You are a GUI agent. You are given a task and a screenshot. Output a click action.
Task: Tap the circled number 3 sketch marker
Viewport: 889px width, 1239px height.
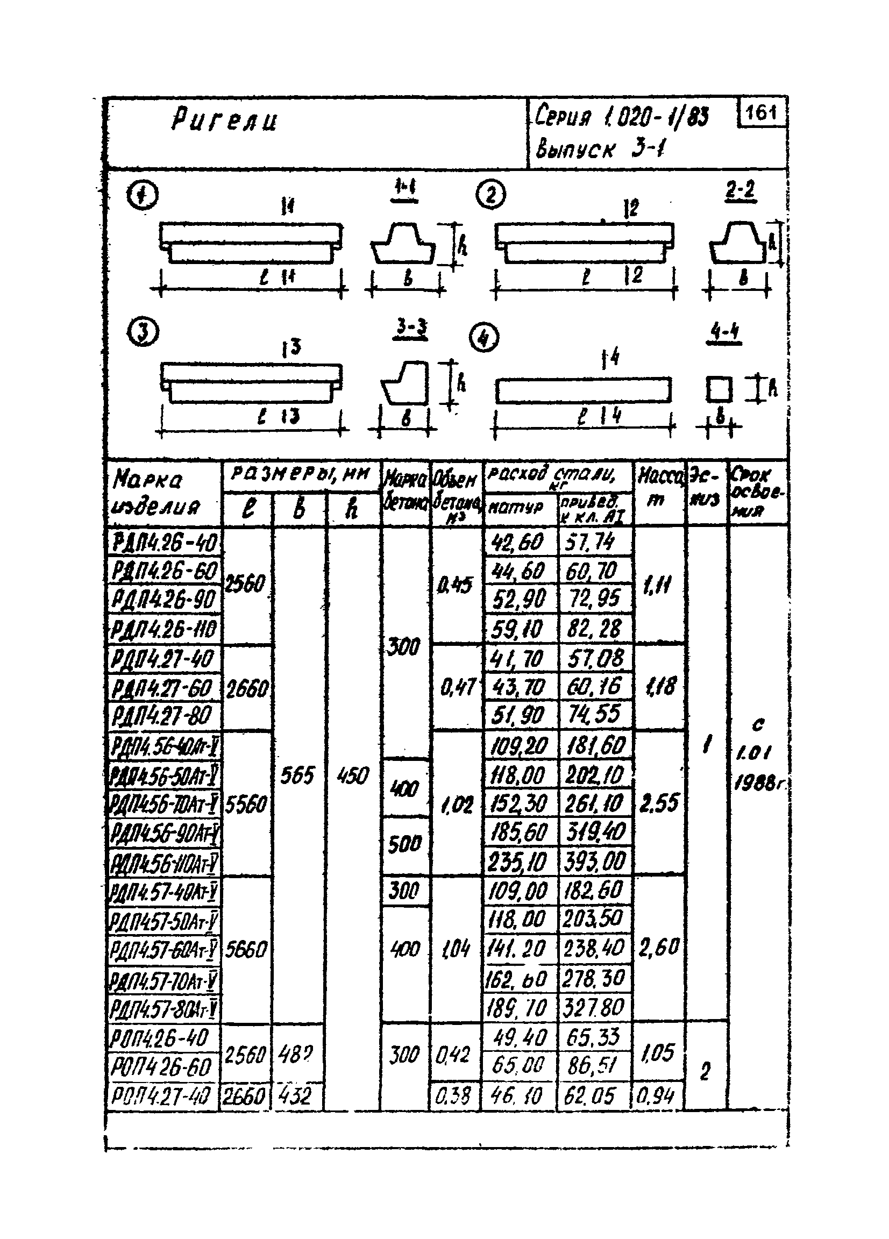click(143, 333)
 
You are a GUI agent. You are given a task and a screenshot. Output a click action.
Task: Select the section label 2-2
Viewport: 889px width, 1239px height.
click(741, 191)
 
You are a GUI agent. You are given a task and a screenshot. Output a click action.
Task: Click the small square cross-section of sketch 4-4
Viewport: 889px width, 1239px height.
click(719, 390)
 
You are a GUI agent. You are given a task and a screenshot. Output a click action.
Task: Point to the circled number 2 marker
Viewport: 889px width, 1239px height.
click(490, 195)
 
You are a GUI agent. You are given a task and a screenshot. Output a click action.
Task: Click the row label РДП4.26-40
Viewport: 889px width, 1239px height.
click(165, 543)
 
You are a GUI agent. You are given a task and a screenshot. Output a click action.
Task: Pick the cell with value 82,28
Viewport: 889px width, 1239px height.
click(594, 629)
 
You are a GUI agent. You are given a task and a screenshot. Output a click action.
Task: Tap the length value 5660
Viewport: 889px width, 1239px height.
click(245, 950)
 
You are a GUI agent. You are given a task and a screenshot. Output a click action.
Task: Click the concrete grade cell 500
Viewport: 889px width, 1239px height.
click(404, 845)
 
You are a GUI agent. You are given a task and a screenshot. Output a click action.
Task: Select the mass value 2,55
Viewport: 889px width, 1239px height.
click(659, 803)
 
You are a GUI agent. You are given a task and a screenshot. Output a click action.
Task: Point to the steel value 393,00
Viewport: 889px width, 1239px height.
click(595, 863)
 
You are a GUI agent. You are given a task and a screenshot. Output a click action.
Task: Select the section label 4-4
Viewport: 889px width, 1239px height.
click(725, 332)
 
